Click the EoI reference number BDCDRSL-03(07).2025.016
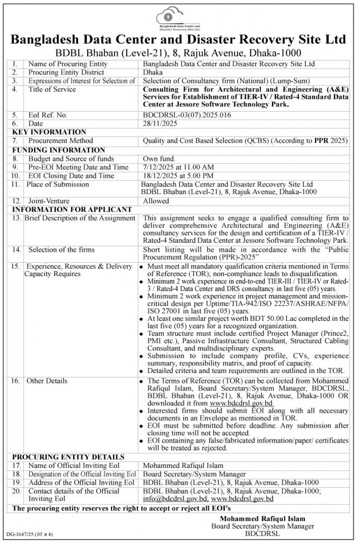tap(189, 115)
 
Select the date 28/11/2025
tap(160, 124)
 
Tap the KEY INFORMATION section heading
tap(49, 132)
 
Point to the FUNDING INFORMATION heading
tap(58, 150)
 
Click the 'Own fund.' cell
tap(159, 159)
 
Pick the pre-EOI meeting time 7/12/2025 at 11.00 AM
tap(178, 167)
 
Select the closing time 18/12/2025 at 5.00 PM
tap(179, 176)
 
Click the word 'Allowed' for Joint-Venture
tap(156, 201)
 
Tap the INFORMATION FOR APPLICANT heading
tap(72, 209)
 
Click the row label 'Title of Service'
tap(52, 90)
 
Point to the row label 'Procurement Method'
tap(60, 141)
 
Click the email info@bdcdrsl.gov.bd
tap(175, 499)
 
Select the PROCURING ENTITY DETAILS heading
tap(68, 457)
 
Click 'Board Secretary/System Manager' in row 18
tap(194, 474)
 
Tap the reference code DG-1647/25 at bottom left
tap(19, 535)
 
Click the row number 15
tap(16, 266)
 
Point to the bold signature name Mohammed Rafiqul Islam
tap(263, 519)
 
